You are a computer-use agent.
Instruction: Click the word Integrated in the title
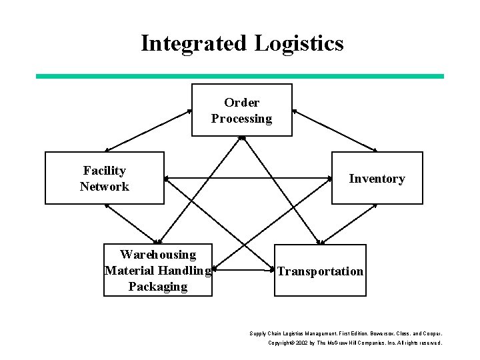pyautogui.click(x=194, y=43)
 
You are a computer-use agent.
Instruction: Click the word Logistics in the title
pyautogui.click(x=299, y=43)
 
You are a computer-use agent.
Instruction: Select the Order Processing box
pyautogui.click(x=241, y=110)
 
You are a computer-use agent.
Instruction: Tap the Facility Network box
pyautogui.click(x=104, y=178)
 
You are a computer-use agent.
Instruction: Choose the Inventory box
pyautogui.click(x=377, y=178)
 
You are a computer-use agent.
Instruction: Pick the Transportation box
pyautogui.click(x=321, y=270)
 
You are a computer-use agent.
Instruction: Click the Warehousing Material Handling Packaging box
pyautogui.click(x=158, y=270)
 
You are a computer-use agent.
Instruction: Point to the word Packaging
pyautogui.click(x=158, y=287)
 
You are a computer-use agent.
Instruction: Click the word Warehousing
pyautogui.click(x=158, y=255)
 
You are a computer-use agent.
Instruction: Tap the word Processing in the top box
pyautogui.click(x=241, y=119)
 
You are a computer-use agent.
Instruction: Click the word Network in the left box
pyautogui.click(x=104, y=187)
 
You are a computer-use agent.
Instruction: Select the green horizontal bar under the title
pyautogui.click(x=239, y=76)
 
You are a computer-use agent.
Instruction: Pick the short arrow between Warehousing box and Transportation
pyautogui.click(x=244, y=271)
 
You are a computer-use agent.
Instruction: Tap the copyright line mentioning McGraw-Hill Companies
pyautogui.click(x=354, y=343)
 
